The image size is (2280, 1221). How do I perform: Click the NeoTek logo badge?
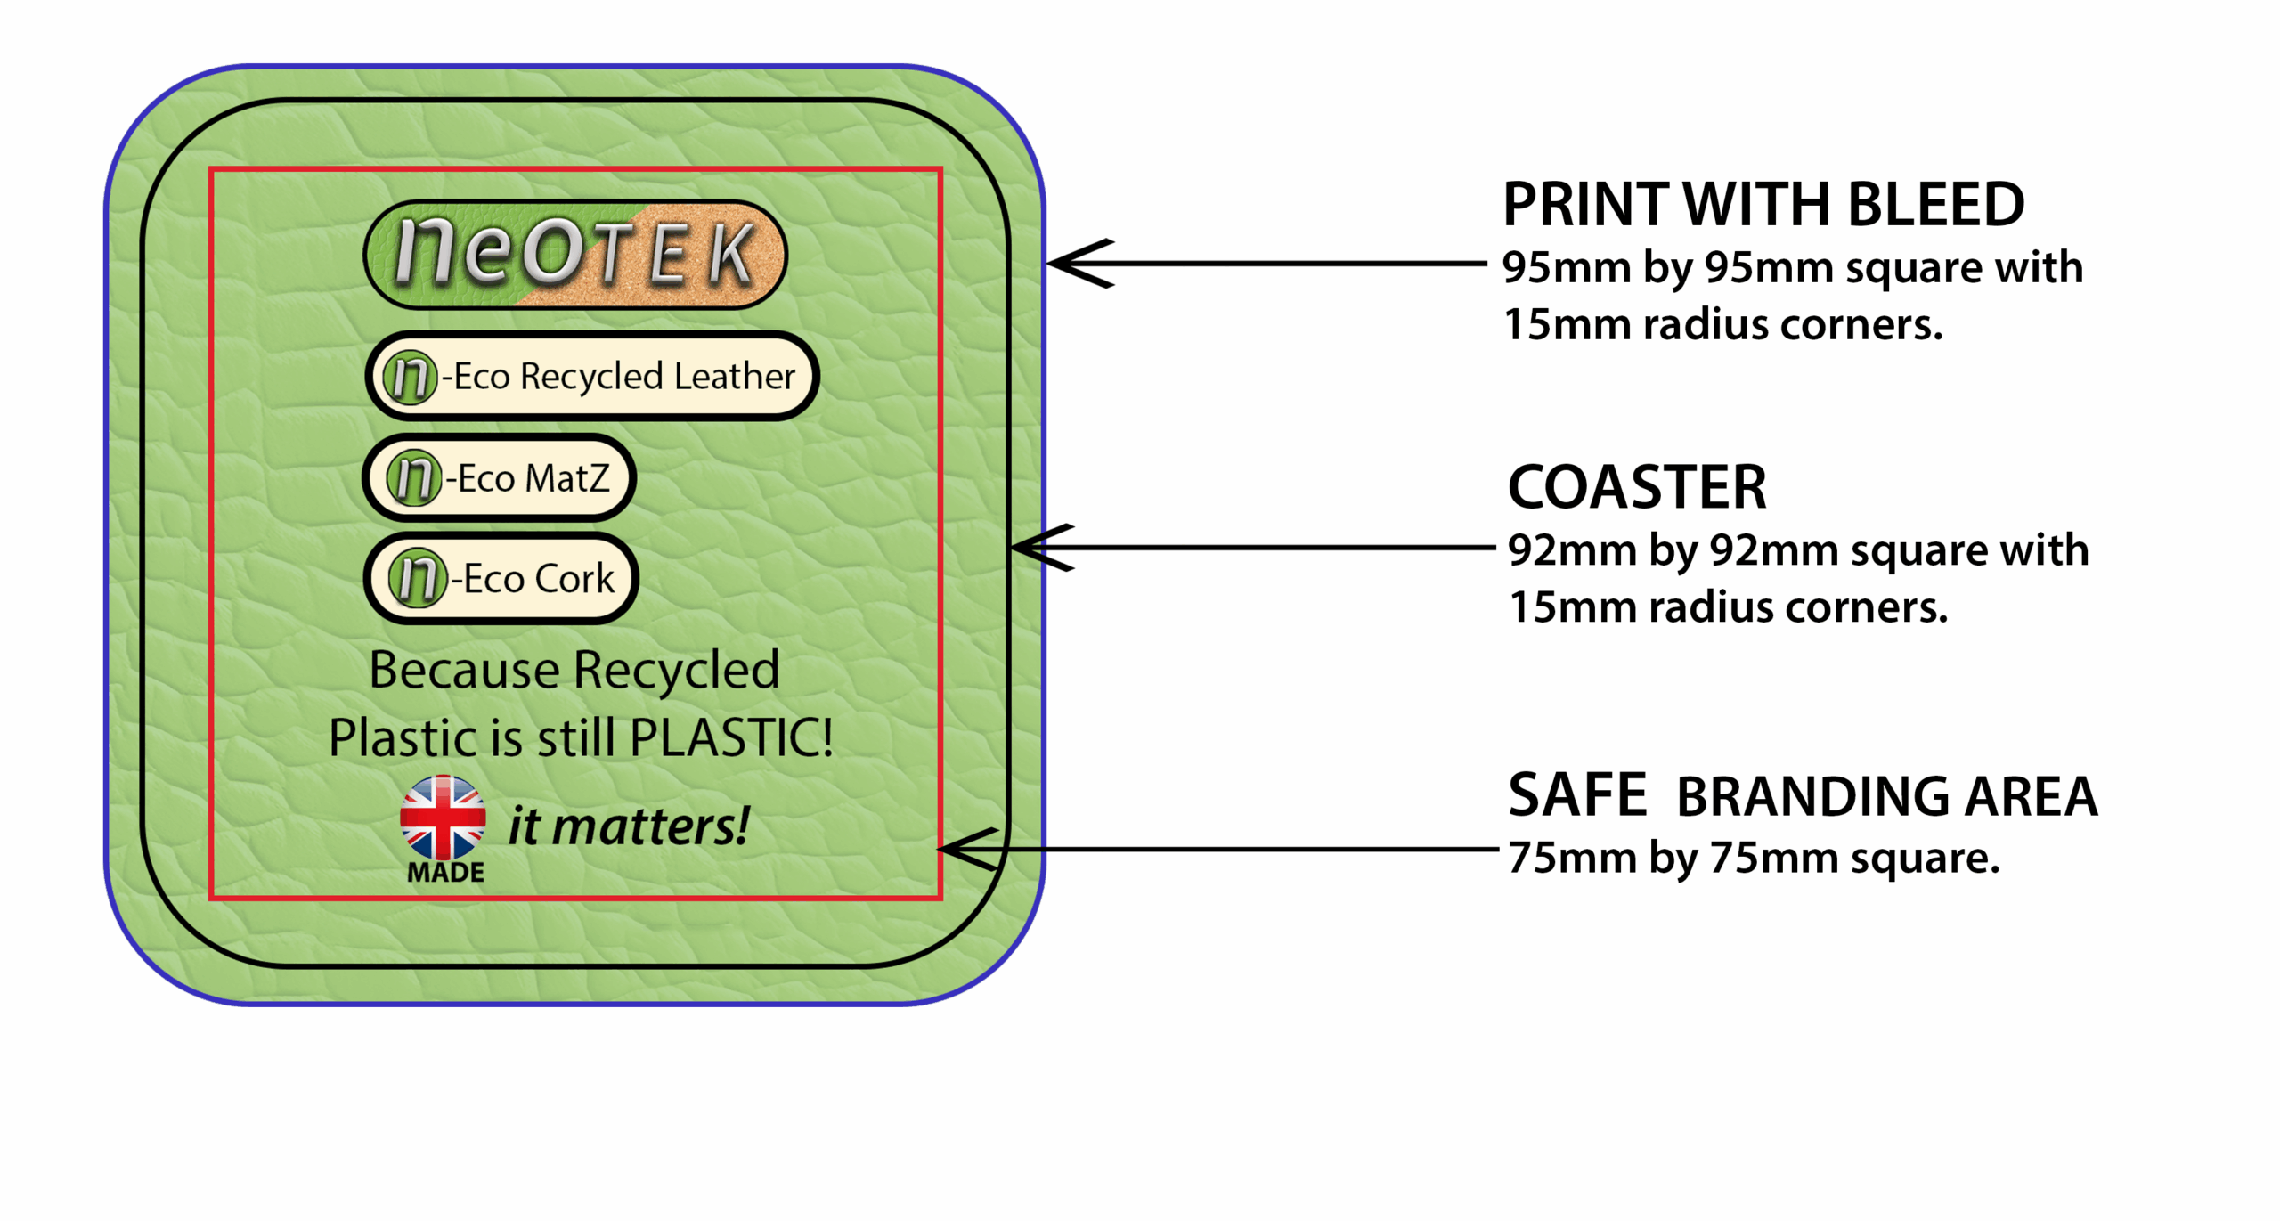coord(574,255)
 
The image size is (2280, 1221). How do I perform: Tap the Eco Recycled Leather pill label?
coord(591,376)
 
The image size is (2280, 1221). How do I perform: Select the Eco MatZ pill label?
coord(499,478)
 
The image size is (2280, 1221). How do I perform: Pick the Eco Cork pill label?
coord(501,579)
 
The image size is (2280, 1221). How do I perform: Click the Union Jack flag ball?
coord(443,818)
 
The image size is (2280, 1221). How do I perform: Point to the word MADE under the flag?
coord(445,873)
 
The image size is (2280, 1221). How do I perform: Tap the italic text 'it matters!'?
coord(628,826)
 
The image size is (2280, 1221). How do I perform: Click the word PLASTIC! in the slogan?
coord(731,737)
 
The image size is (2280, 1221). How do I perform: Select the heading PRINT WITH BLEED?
coord(1763,205)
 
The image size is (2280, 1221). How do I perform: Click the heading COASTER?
coord(1637,488)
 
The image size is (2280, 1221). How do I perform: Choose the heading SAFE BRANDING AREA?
coord(1803,795)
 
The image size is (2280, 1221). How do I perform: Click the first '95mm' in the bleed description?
coord(1567,268)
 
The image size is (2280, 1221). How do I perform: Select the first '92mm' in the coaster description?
coord(1572,551)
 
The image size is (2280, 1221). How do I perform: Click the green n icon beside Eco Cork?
coord(417,579)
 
